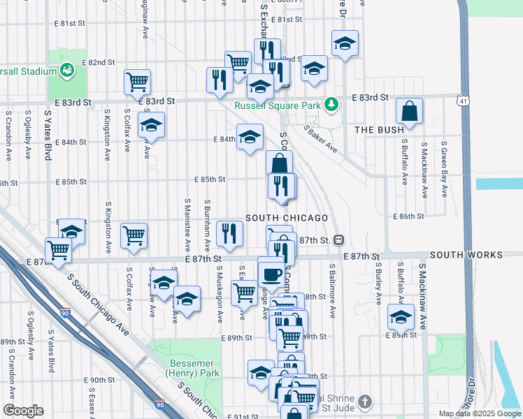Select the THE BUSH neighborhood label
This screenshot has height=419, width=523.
coord(379,130)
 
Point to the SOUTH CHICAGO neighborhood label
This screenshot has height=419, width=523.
coord(287,218)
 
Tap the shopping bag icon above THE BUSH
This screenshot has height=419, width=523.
coord(409,111)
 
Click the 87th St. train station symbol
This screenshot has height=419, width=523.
coord(338,240)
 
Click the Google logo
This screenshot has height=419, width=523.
coord(23,411)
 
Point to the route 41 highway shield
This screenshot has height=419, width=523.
coord(465,102)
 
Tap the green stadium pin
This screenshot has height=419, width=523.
coord(68,70)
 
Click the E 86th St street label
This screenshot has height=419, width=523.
coord(408,216)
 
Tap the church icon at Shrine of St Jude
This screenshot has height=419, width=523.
coord(364,402)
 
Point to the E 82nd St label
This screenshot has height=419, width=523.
coord(98,62)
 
